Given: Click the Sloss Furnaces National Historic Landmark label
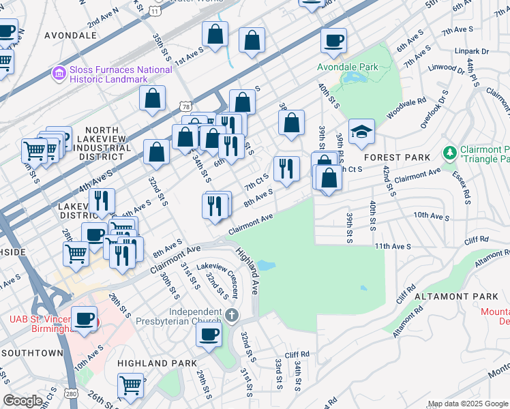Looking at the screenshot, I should (119, 74).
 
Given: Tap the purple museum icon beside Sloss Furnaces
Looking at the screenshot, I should (59, 72).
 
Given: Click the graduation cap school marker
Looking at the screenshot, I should (361, 132).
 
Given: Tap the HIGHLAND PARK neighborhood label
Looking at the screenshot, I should (156, 363).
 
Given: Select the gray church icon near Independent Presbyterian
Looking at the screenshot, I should (232, 315).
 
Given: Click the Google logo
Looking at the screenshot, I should (22, 401).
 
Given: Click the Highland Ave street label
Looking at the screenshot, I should (248, 271).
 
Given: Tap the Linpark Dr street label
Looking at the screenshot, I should (475, 51).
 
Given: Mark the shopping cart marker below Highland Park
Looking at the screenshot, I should (130, 384).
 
